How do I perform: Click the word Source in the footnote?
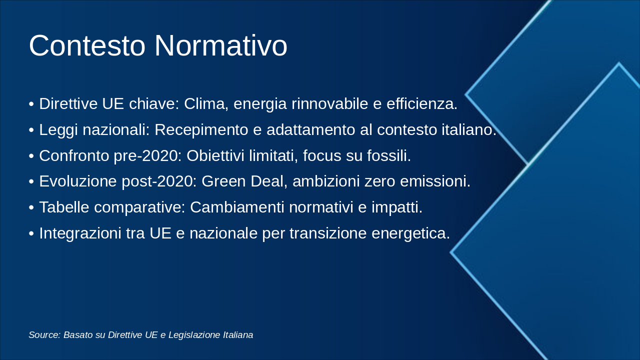pos(44,335)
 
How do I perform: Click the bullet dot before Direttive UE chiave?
pos(31,104)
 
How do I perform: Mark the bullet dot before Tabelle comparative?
pos(31,208)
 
